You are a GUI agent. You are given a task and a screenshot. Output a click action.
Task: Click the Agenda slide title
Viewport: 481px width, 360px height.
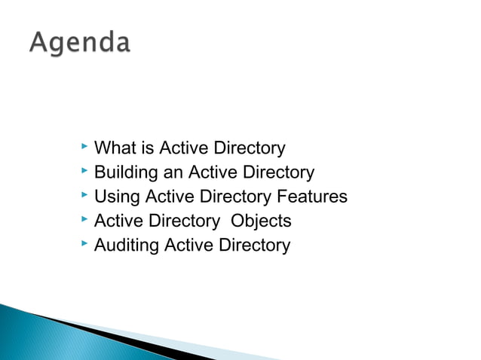tap(80, 43)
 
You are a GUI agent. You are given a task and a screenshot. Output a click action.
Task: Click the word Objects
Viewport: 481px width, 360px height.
tap(261, 221)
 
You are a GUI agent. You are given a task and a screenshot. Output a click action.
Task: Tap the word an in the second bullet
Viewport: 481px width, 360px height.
tap(173, 173)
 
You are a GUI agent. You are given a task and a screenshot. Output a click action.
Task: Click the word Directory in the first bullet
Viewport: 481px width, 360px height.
tap(250, 148)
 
